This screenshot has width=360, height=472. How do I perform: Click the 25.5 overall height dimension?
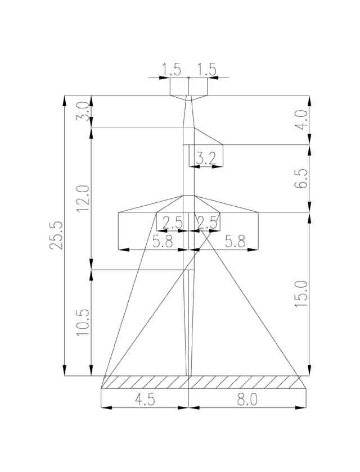point(56,235)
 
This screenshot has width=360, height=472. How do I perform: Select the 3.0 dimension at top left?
point(82,112)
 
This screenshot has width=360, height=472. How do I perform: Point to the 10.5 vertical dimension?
point(83,323)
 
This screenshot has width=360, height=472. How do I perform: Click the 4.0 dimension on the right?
point(301,120)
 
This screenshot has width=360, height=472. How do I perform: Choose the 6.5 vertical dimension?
point(301,179)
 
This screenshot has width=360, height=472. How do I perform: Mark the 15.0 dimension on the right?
point(301,294)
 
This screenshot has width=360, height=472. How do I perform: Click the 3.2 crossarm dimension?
point(206,158)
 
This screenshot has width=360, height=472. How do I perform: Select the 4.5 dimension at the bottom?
point(145,400)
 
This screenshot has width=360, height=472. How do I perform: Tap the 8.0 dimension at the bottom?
point(247,400)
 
